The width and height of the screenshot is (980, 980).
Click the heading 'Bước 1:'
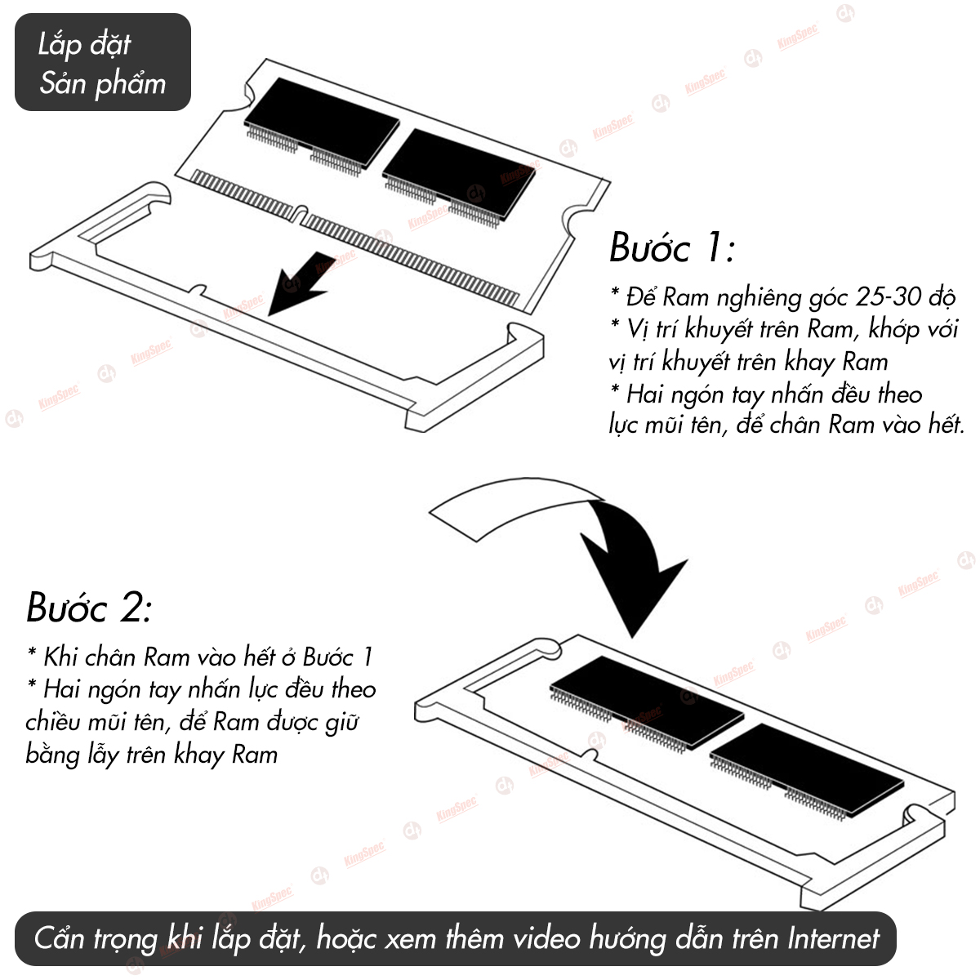click(672, 247)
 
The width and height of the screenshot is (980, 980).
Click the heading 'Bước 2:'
click(89, 608)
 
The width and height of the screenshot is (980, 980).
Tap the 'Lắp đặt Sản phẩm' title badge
click(103, 62)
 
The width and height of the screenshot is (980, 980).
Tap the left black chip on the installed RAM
click(647, 700)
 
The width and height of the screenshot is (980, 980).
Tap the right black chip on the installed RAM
click(807, 768)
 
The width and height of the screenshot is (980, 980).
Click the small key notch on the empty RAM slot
click(199, 291)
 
